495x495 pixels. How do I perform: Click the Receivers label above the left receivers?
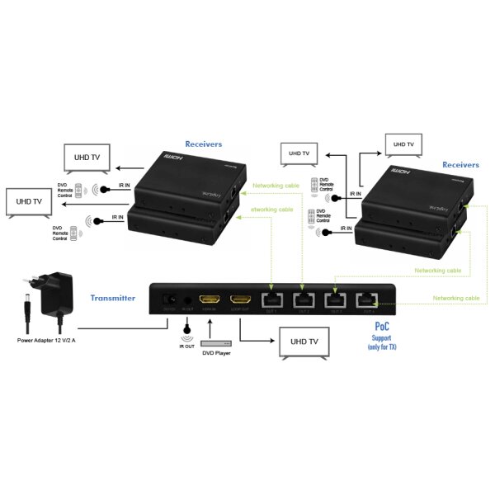coord(203,143)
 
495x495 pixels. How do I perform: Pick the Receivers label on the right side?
coord(460,165)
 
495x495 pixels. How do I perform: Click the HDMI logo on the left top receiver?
coord(171,157)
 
